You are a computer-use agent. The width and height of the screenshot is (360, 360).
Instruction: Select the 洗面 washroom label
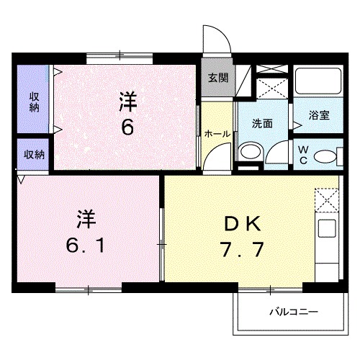pyautogui.click(x=263, y=123)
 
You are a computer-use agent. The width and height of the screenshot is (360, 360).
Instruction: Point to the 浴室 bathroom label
pyautogui.click(x=319, y=114)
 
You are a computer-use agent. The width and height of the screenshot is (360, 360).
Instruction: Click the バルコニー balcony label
pyautogui.click(x=294, y=312)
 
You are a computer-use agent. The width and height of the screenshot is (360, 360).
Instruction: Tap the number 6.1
pyautogui.click(x=85, y=246)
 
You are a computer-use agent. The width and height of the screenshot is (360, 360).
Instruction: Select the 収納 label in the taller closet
pyautogui.click(x=34, y=102)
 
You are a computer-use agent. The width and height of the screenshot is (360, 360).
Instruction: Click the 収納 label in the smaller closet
pyautogui.click(x=34, y=154)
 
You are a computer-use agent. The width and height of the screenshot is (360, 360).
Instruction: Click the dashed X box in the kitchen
pyautogui.click(x=326, y=199)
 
